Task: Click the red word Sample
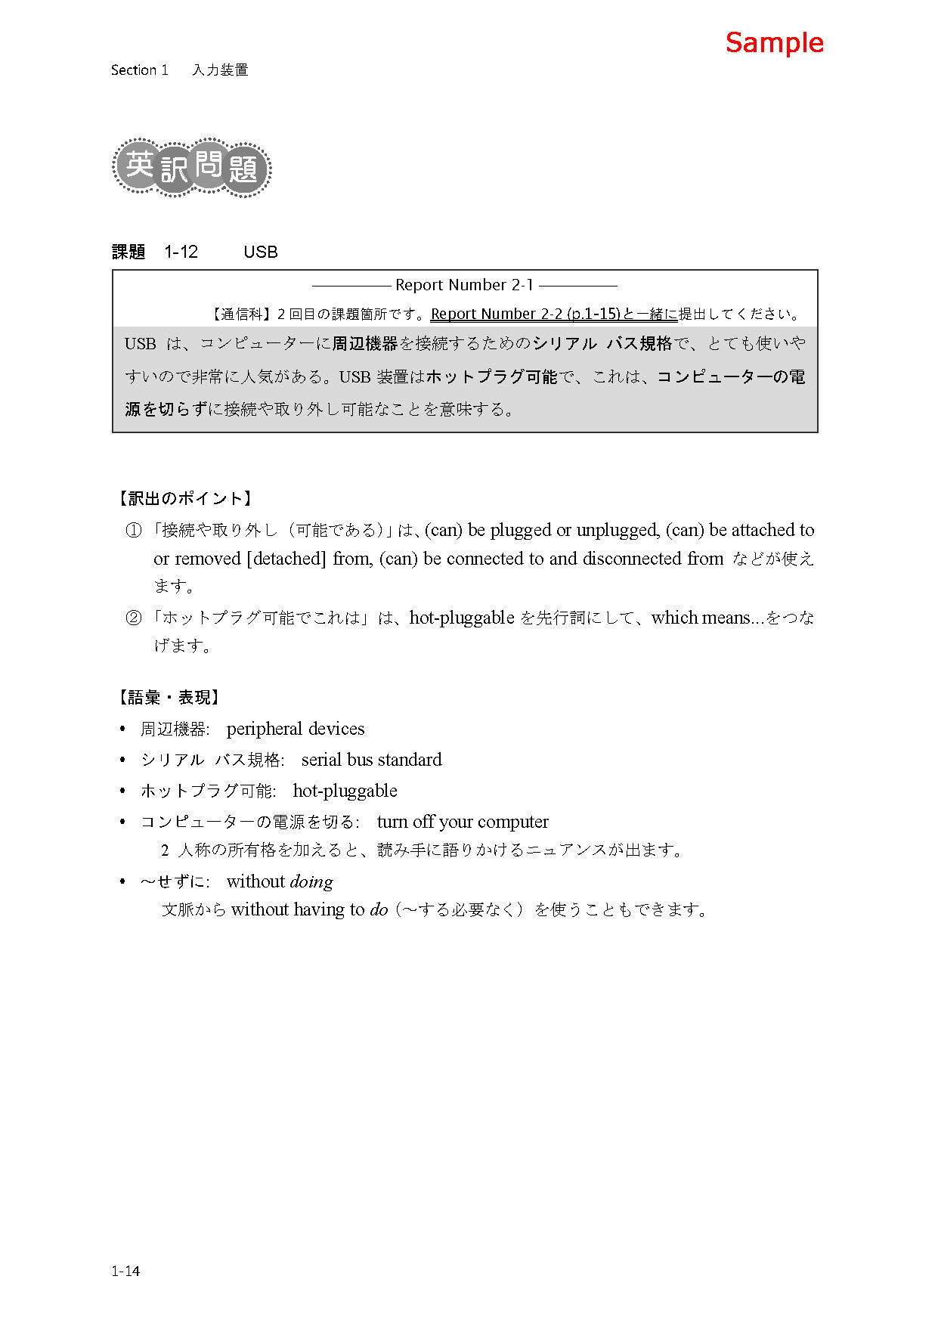(774, 43)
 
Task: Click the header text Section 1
(139, 70)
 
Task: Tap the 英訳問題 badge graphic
(192, 167)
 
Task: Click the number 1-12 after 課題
(181, 252)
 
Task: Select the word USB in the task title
(260, 252)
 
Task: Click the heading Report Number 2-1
(464, 285)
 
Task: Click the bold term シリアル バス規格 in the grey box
(602, 344)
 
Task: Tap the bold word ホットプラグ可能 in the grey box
(491, 376)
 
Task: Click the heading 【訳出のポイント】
(184, 498)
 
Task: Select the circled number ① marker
(134, 531)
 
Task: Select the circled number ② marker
(134, 618)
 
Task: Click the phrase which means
(700, 618)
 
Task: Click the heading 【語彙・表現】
(168, 697)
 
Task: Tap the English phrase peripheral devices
(295, 729)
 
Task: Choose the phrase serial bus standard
(371, 760)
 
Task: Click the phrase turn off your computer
(463, 822)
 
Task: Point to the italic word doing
(311, 882)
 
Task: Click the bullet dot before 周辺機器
(122, 729)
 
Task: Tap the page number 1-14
(125, 1271)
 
